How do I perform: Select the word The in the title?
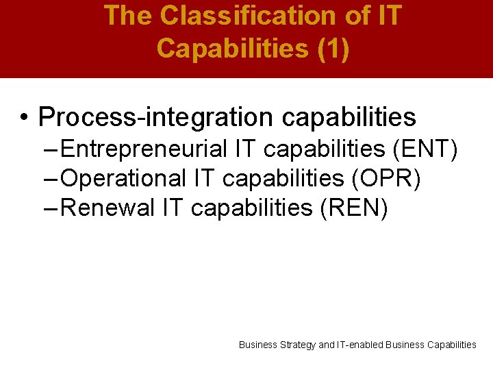[x=130, y=16]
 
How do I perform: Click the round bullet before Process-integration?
[x=24, y=118]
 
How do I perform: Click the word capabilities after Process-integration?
[x=349, y=117]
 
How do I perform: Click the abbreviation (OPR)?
[x=386, y=178]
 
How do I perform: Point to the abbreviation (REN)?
[x=354, y=208]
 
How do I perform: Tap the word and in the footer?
[x=327, y=345]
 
